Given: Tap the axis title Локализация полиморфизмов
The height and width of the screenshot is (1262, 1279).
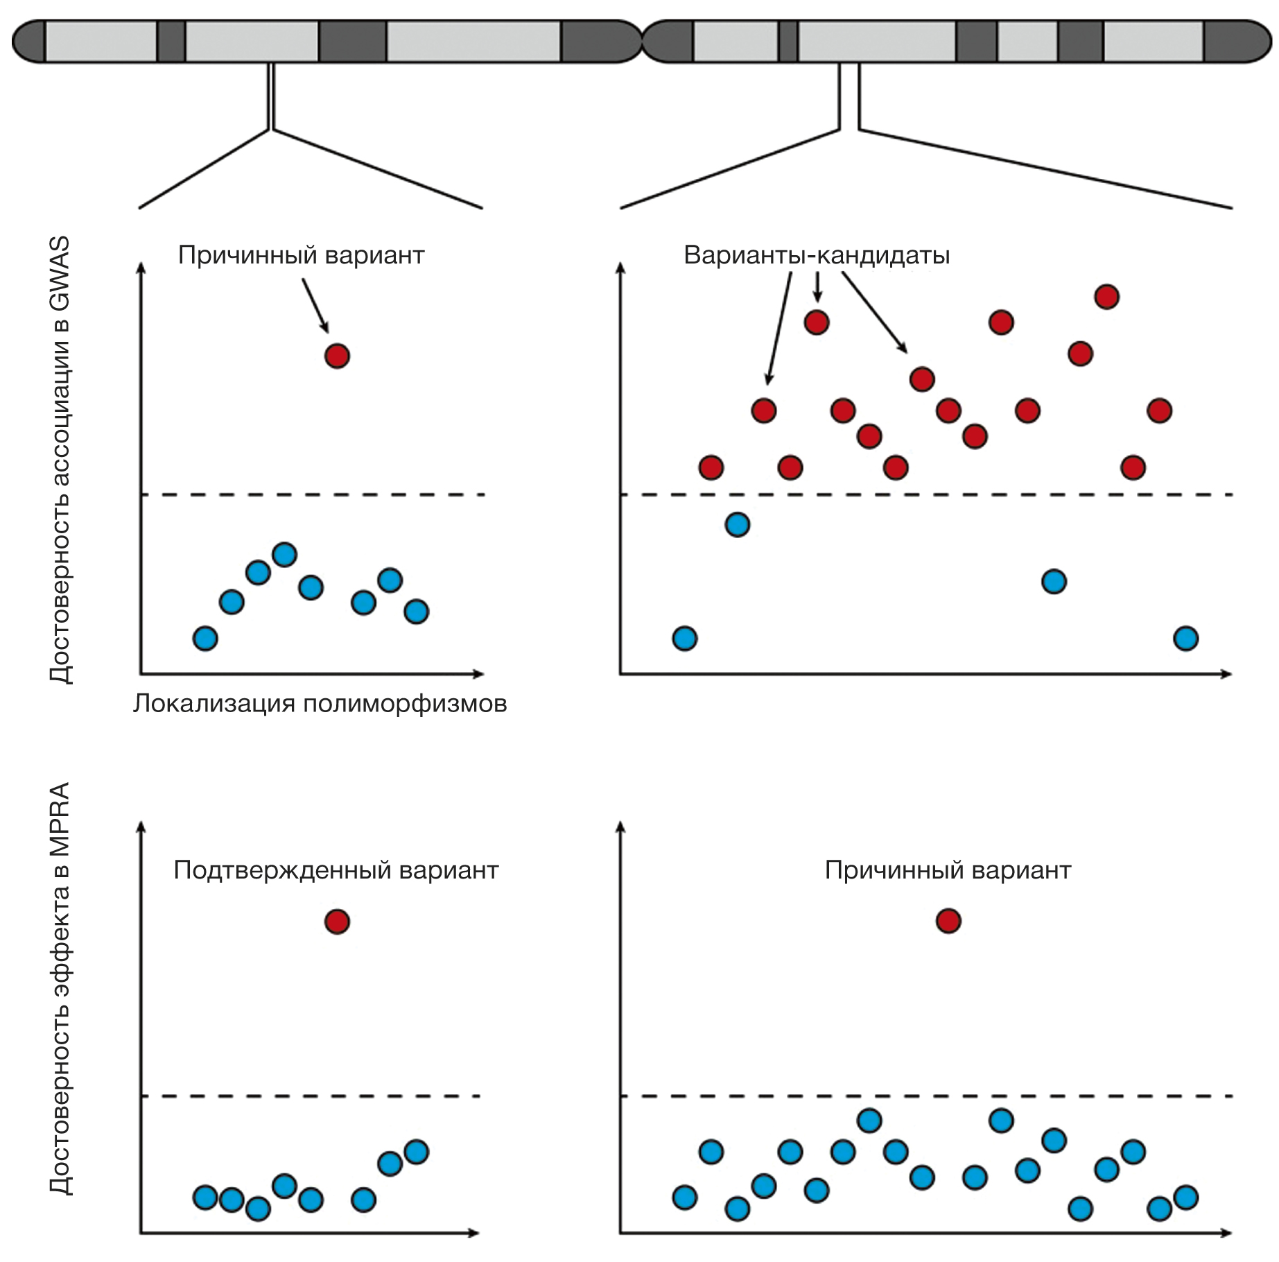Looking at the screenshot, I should (x=320, y=704).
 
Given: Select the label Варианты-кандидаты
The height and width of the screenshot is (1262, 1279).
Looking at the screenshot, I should (x=817, y=255).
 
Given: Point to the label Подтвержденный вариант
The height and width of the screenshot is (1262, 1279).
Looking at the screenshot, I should (x=336, y=870).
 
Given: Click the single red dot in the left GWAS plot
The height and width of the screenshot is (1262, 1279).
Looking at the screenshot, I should (x=337, y=356).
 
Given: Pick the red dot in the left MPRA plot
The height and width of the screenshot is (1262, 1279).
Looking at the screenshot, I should (x=337, y=922).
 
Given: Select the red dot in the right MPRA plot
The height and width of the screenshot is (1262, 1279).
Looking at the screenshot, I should (x=948, y=921).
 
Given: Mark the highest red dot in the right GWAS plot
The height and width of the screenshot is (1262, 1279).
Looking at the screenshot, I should (x=1106, y=297).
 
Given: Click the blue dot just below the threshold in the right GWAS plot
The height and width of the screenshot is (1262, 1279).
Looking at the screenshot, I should (x=738, y=525).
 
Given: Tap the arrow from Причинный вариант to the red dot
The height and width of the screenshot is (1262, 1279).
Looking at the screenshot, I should (x=315, y=305).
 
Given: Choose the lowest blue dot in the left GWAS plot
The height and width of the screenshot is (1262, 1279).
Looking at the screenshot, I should (x=205, y=638).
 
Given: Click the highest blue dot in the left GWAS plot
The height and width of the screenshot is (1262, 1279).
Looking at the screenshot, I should (x=285, y=555).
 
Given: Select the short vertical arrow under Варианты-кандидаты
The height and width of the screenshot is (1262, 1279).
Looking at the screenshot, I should (x=817, y=286).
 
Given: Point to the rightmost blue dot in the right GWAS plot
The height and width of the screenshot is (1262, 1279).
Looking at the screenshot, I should (x=1185, y=638).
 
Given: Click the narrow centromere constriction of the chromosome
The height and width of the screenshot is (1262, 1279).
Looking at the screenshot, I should (x=643, y=42).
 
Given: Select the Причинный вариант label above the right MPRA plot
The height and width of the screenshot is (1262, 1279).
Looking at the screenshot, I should (x=948, y=870).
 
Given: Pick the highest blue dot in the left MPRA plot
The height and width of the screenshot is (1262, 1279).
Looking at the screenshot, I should (x=416, y=1152).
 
